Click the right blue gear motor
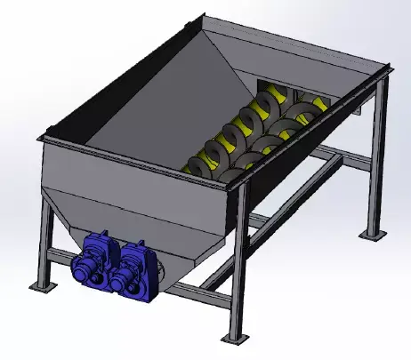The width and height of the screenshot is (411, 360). tap(134, 265)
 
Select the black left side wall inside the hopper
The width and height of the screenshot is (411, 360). tap(98, 98)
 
